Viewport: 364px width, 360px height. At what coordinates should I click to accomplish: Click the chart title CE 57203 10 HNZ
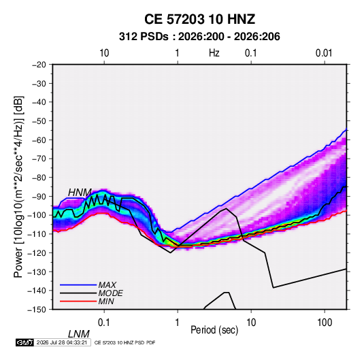(x=199, y=19)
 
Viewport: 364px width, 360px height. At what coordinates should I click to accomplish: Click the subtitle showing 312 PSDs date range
(x=199, y=37)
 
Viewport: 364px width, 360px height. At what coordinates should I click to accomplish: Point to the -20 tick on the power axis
(x=39, y=65)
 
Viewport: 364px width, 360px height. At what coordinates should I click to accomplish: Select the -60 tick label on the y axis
(x=39, y=140)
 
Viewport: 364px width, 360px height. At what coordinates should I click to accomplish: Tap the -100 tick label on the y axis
(x=37, y=215)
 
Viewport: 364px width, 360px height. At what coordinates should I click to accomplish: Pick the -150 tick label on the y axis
(x=37, y=310)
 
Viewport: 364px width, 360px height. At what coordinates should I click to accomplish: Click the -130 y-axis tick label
(x=37, y=272)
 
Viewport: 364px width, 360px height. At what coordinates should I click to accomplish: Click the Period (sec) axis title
(x=214, y=330)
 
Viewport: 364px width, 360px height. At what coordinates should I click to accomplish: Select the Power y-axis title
(x=18, y=187)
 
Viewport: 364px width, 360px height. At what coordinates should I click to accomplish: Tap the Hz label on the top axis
(x=214, y=53)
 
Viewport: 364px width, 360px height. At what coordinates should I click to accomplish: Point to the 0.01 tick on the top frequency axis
(x=324, y=53)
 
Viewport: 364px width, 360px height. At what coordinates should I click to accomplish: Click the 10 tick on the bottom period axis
(x=251, y=323)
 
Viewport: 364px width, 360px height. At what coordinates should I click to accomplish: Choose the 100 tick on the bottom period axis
(x=325, y=323)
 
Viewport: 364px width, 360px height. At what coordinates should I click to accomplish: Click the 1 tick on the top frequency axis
(x=178, y=53)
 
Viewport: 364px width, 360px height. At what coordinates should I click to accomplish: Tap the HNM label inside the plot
(x=80, y=193)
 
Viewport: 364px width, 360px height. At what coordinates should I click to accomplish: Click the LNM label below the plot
(x=79, y=334)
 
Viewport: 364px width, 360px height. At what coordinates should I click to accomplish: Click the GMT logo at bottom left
(x=24, y=342)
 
